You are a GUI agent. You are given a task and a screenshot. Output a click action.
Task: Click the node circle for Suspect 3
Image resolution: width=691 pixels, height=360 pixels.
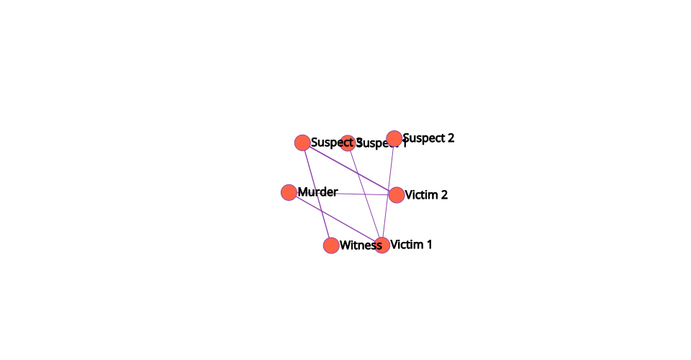tap(302, 143)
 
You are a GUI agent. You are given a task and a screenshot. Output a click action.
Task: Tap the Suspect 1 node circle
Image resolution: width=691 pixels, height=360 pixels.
tap(348, 143)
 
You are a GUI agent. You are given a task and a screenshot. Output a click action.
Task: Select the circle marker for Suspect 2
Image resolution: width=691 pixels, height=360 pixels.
tap(394, 138)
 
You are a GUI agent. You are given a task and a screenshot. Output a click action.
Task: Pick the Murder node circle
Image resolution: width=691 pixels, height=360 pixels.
tap(289, 192)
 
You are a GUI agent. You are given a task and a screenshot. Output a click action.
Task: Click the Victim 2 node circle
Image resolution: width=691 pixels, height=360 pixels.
tap(396, 195)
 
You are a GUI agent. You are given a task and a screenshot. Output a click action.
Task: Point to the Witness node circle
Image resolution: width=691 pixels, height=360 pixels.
tap(331, 246)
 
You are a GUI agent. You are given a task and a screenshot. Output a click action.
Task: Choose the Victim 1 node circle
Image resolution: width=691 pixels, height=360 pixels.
tap(381, 246)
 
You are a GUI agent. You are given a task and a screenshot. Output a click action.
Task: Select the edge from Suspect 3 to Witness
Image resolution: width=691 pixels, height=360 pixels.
tap(317, 194)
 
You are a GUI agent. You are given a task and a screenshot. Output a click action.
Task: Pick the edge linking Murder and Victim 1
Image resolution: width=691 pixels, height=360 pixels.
tap(335, 219)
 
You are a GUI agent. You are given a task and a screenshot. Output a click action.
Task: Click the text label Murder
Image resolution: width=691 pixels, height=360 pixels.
tap(317, 192)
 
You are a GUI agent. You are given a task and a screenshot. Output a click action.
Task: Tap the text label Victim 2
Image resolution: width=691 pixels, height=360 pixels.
tap(426, 195)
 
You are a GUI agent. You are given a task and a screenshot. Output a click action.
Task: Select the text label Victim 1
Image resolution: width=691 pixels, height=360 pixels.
tap(411, 245)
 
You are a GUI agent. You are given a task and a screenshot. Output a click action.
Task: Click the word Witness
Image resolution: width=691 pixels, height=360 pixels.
tap(360, 246)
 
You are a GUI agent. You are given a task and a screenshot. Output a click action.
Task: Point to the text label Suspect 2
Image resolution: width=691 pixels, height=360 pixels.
tap(428, 138)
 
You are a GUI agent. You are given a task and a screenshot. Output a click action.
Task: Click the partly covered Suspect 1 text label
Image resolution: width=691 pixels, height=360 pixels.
tap(389, 144)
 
